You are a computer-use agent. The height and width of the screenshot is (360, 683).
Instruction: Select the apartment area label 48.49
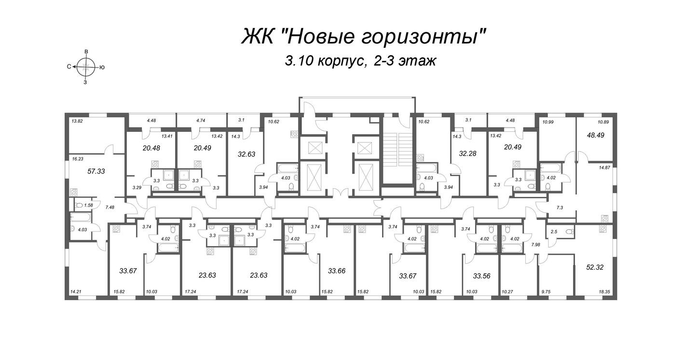(x=595, y=136)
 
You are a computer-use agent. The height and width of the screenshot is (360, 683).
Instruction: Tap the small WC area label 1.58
(x=88, y=206)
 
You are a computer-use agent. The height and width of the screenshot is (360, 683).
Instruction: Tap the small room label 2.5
(x=554, y=232)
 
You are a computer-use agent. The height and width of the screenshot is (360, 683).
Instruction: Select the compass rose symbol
(x=86, y=67)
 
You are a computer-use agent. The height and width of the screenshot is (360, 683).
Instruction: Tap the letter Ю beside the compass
(x=102, y=68)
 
